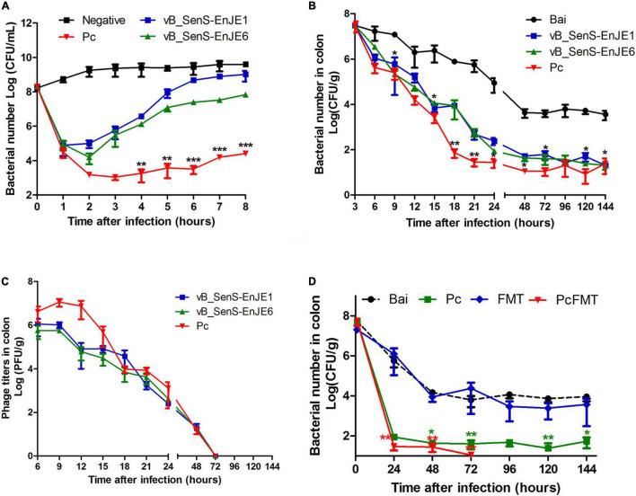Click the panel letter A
click(x=6, y=6)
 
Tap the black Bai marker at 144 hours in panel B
click(x=611, y=115)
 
